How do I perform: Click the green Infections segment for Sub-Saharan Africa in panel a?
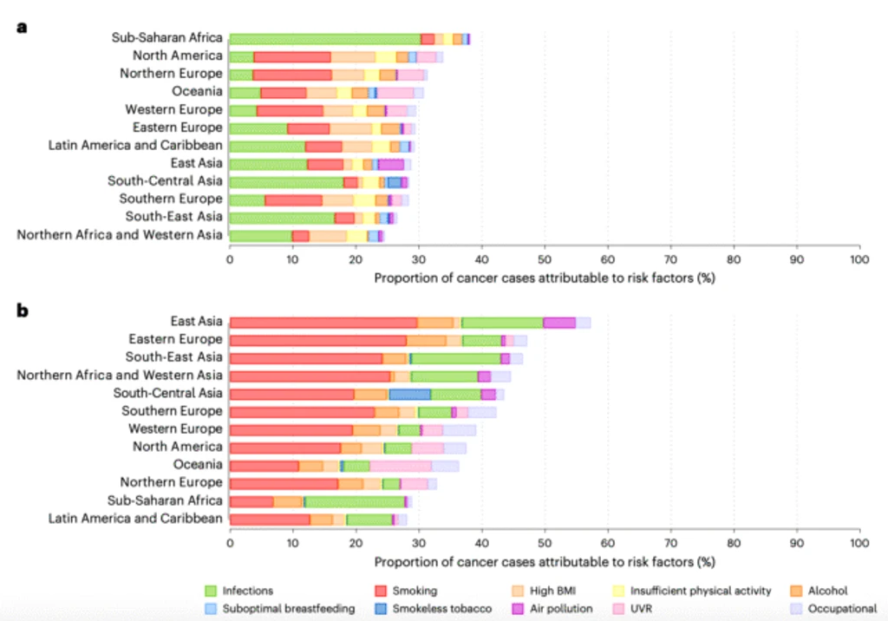[x=325, y=38]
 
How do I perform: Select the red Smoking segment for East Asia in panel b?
[x=324, y=323]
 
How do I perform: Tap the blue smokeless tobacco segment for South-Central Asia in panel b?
[x=410, y=395]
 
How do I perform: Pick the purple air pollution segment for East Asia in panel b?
[x=559, y=323]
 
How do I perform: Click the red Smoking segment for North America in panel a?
[x=292, y=56]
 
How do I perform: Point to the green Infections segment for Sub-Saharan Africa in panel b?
[x=355, y=501]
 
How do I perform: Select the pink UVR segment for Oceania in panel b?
[x=401, y=466]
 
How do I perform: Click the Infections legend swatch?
[x=211, y=591]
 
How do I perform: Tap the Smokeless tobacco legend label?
[x=441, y=609]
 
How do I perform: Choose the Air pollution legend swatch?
[x=518, y=609]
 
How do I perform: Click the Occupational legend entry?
[x=833, y=609]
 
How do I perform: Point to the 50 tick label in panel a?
[x=545, y=259]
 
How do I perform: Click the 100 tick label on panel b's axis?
[x=859, y=543]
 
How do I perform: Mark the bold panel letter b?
[x=22, y=310]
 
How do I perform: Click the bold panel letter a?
[x=22, y=27]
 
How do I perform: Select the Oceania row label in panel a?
[x=197, y=91]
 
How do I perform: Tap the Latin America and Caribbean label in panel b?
[x=135, y=519]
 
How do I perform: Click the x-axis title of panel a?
[x=545, y=278]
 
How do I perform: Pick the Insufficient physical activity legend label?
[x=701, y=591]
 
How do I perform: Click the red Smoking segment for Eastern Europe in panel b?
[x=318, y=341]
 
